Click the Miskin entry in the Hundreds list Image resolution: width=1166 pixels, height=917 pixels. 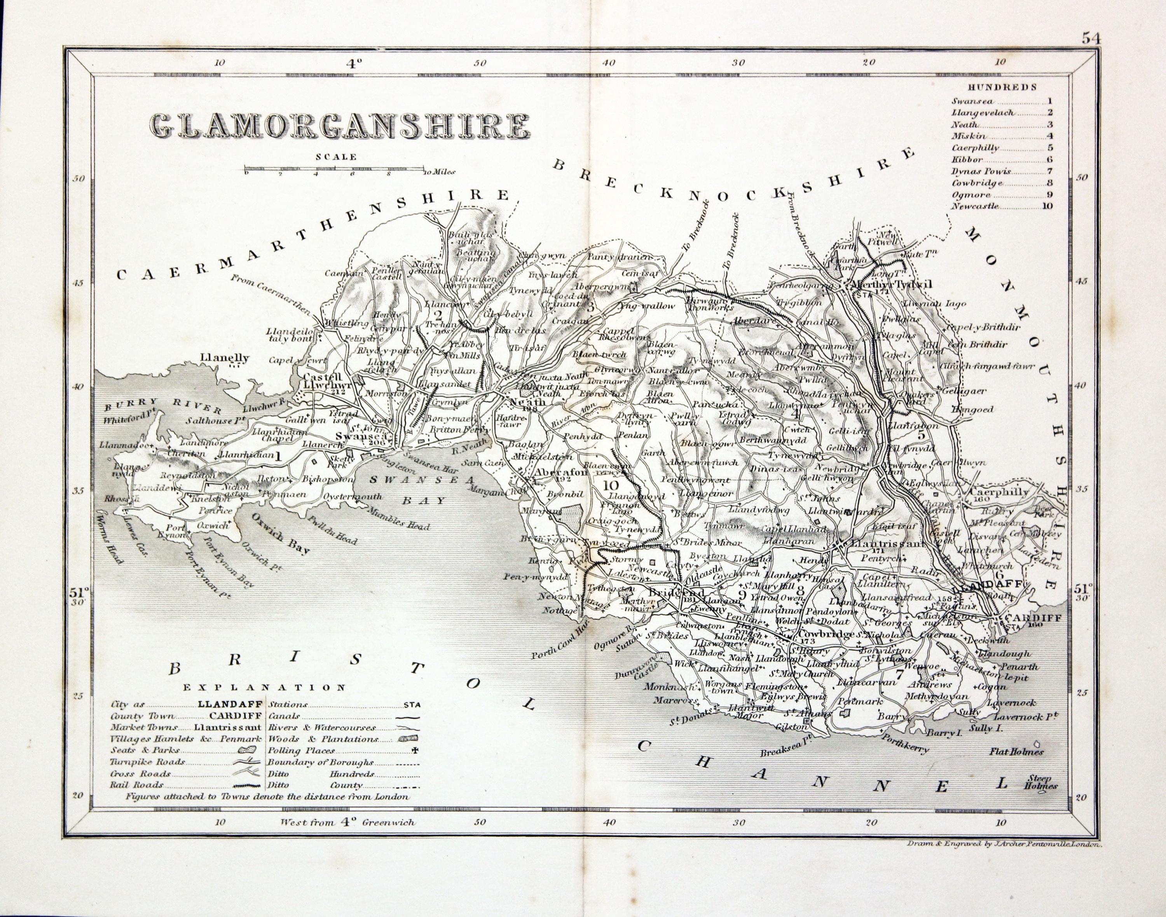969,136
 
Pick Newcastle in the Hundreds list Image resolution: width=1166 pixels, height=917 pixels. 976,206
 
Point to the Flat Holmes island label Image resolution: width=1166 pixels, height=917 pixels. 1016,752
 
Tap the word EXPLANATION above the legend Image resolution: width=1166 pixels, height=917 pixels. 265,687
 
